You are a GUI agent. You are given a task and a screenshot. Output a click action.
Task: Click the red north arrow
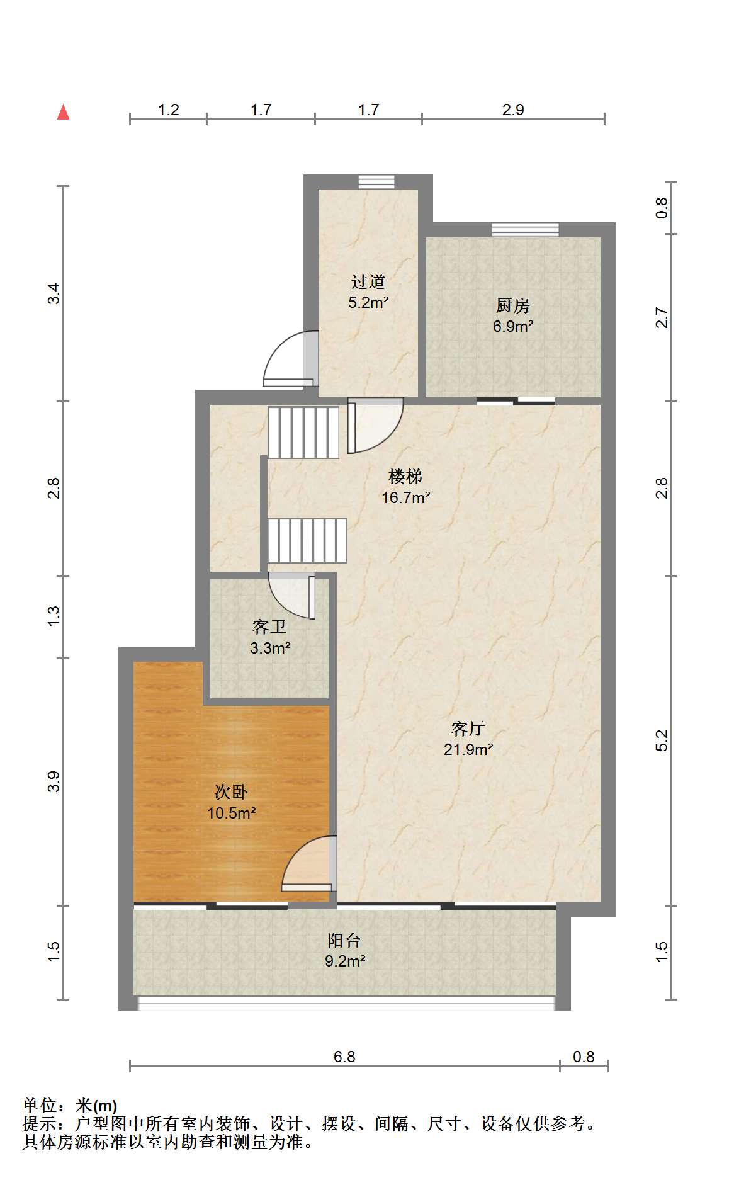[x=63, y=112]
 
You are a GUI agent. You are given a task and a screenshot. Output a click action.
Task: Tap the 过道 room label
[x=368, y=281]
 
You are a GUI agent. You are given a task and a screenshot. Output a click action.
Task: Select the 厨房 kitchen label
[x=512, y=305]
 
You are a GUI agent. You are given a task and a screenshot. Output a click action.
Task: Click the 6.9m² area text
[x=513, y=326]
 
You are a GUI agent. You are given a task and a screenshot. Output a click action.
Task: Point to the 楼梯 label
[x=405, y=477]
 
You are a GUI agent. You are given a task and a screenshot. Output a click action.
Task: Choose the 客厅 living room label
[x=468, y=729]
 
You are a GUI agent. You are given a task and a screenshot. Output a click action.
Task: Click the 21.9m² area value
[x=468, y=749]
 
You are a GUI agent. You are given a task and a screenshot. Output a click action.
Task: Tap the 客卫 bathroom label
[x=269, y=627]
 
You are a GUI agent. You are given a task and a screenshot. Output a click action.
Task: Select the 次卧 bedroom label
[x=231, y=791]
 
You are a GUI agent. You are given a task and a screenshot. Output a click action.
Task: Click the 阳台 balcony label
[x=344, y=940]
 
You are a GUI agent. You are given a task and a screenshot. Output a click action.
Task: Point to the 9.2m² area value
[x=345, y=961]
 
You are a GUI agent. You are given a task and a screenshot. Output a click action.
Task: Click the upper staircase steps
[x=303, y=432]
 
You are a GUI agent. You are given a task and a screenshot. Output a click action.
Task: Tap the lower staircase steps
[x=307, y=540]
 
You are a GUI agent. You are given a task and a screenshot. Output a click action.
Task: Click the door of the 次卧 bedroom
[x=309, y=863]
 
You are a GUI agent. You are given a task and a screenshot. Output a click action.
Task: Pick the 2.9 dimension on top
[x=513, y=110]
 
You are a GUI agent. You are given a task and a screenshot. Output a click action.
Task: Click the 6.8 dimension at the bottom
[x=344, y=1057]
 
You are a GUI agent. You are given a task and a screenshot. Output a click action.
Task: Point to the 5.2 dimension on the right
[x=662, y=740]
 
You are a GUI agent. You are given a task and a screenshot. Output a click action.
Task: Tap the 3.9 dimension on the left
[x=54, y=781]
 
